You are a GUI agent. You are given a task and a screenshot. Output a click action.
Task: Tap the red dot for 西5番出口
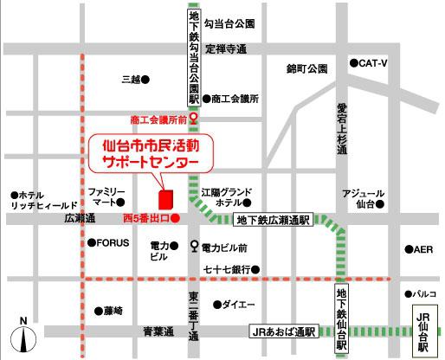[176, 218]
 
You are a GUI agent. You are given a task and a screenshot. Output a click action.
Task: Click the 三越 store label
[131, 80]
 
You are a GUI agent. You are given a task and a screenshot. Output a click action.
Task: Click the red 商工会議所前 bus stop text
[159, 119]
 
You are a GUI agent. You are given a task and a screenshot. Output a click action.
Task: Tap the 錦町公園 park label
[307, 68]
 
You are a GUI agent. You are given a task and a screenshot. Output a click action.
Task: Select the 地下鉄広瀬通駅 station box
[274, 221]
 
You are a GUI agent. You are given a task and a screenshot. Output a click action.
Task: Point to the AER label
[422, 250]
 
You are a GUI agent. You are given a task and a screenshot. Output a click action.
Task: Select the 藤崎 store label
[112, 310]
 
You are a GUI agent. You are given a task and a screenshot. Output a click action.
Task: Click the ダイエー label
[238, 305]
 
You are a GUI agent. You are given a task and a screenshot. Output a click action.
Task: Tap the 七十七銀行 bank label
[227, 270]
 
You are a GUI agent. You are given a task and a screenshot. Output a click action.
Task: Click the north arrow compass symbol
[23, 333]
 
